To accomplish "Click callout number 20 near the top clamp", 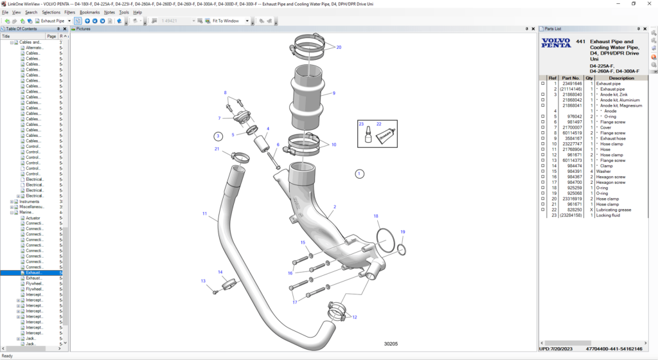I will pos(339,47).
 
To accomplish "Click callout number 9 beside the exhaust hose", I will pos(334,93).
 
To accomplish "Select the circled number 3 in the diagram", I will pos(218,136).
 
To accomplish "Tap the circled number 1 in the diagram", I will pos(359,173).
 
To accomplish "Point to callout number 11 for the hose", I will pos(204,213).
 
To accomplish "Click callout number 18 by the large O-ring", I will pos(376,216).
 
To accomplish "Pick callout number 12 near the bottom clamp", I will pos(354,317).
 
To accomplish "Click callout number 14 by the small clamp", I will pos(220,272).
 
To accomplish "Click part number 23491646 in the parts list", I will pos(572,84).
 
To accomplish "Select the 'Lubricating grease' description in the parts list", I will pos(614,210).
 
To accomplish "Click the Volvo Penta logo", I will pos(555,44).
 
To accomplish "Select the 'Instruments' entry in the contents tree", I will pos(30,202).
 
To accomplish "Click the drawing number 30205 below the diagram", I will pos(391,344).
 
